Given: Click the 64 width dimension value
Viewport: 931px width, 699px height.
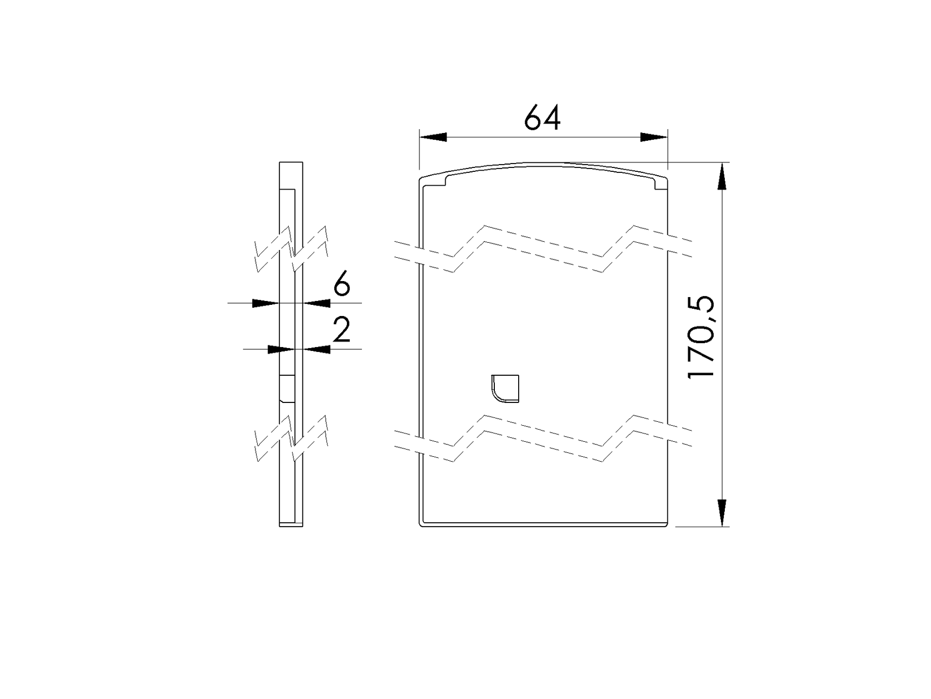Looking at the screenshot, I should coord(543,118).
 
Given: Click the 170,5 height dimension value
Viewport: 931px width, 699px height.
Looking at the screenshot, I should coord(702,338).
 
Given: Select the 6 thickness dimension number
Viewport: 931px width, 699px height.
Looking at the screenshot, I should coord(342,285).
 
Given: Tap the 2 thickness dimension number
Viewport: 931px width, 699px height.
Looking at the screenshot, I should coord(342,331).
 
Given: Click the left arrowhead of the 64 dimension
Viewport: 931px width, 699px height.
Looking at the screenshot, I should coord(433,137).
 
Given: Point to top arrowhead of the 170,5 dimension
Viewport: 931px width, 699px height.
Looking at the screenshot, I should coord(722,176).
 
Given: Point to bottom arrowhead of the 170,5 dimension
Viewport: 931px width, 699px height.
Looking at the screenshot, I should coord(722,512).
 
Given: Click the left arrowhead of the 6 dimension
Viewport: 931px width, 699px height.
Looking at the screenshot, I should coord(265,303).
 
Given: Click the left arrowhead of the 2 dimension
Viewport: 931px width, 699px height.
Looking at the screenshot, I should coord(280,349).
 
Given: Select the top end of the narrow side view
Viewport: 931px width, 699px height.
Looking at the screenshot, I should coord(291,164).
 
